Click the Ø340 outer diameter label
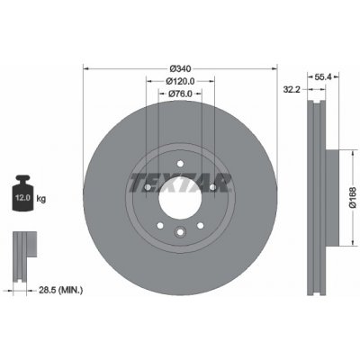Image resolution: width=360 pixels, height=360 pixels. (180, 68)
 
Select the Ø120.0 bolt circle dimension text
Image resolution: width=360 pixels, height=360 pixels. (180, 81)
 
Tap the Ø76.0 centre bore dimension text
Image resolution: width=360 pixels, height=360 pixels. (180, 94)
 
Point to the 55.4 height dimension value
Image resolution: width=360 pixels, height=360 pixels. (323, 77)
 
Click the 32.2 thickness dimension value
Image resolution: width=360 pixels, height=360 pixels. (292, 89)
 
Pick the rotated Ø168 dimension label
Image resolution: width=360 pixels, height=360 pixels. (353, 197)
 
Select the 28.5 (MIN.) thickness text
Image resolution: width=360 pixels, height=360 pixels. (61, 290)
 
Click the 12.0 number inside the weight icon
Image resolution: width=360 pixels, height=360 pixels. (22, 198)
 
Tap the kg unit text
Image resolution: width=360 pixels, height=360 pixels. (41, 198)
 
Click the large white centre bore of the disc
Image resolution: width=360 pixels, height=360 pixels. (180, 198)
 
